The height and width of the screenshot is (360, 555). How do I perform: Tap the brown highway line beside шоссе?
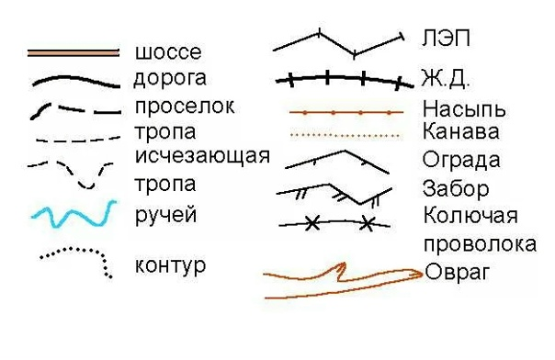click(x=74, y=52)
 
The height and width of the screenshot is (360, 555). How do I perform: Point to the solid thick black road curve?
click(x=74, y=81)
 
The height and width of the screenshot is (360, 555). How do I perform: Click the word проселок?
click(x=184, y=106)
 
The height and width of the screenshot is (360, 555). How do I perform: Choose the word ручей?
click(x=165, y=217)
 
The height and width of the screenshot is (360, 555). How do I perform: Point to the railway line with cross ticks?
click(x=340, y=79)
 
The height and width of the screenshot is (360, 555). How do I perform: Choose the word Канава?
click(x=461, y=131)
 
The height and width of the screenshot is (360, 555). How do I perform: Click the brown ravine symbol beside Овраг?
click(x=340, y=281)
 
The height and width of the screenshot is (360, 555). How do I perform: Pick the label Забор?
click(x=456, y=189)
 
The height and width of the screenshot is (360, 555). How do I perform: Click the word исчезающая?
click(x=202, y=154)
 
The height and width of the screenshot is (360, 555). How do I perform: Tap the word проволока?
click(x=480, y=244)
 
